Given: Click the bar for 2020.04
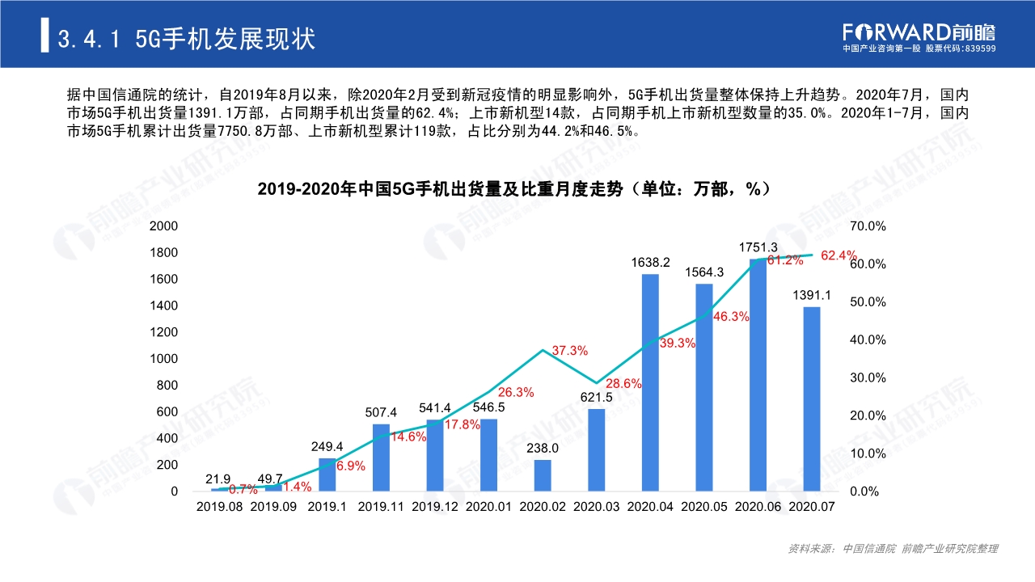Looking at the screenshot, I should (x=650, y=382).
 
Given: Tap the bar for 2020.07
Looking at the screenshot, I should (x=812, y=399).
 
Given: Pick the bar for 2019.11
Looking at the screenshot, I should (x=381, y=457).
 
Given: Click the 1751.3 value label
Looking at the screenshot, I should (x=758, y=247).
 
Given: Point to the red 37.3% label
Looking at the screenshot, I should (x=569, y=351).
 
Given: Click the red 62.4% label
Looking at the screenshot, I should (x=838, y=255).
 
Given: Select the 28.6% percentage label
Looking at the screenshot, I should (x=623, y=384).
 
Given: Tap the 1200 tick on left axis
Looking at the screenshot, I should (x=164, y=332).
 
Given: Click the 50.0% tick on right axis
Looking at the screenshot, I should (x=870, y=302).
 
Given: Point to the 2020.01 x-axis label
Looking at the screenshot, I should (x=488, y=507).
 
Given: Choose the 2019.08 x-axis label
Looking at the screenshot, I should (x=219, y=507).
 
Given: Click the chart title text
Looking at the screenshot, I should (x=513, y=189).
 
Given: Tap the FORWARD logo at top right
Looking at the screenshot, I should (x=919, y=32).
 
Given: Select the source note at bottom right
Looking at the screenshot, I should (x=893, y=549).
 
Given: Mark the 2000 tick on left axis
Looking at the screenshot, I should (x=164, y=226).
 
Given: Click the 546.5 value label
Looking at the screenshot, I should (x=488, y=407).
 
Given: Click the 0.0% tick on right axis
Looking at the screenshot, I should (x=866, y=491).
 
